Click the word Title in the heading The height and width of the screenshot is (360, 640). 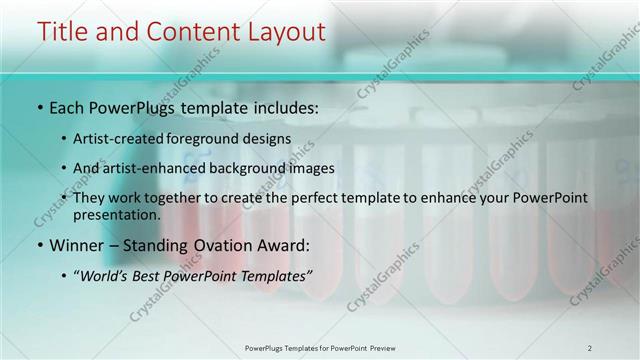[x=63, y=32]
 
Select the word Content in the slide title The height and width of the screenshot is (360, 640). [x=189, y=32]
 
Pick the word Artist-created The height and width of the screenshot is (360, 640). [x=120, y=138]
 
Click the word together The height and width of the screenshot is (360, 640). [x=177, y=198]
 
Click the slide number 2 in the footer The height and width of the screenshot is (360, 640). [x=589, y=347]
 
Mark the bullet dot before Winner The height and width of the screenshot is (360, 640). [x=39, y=245]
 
